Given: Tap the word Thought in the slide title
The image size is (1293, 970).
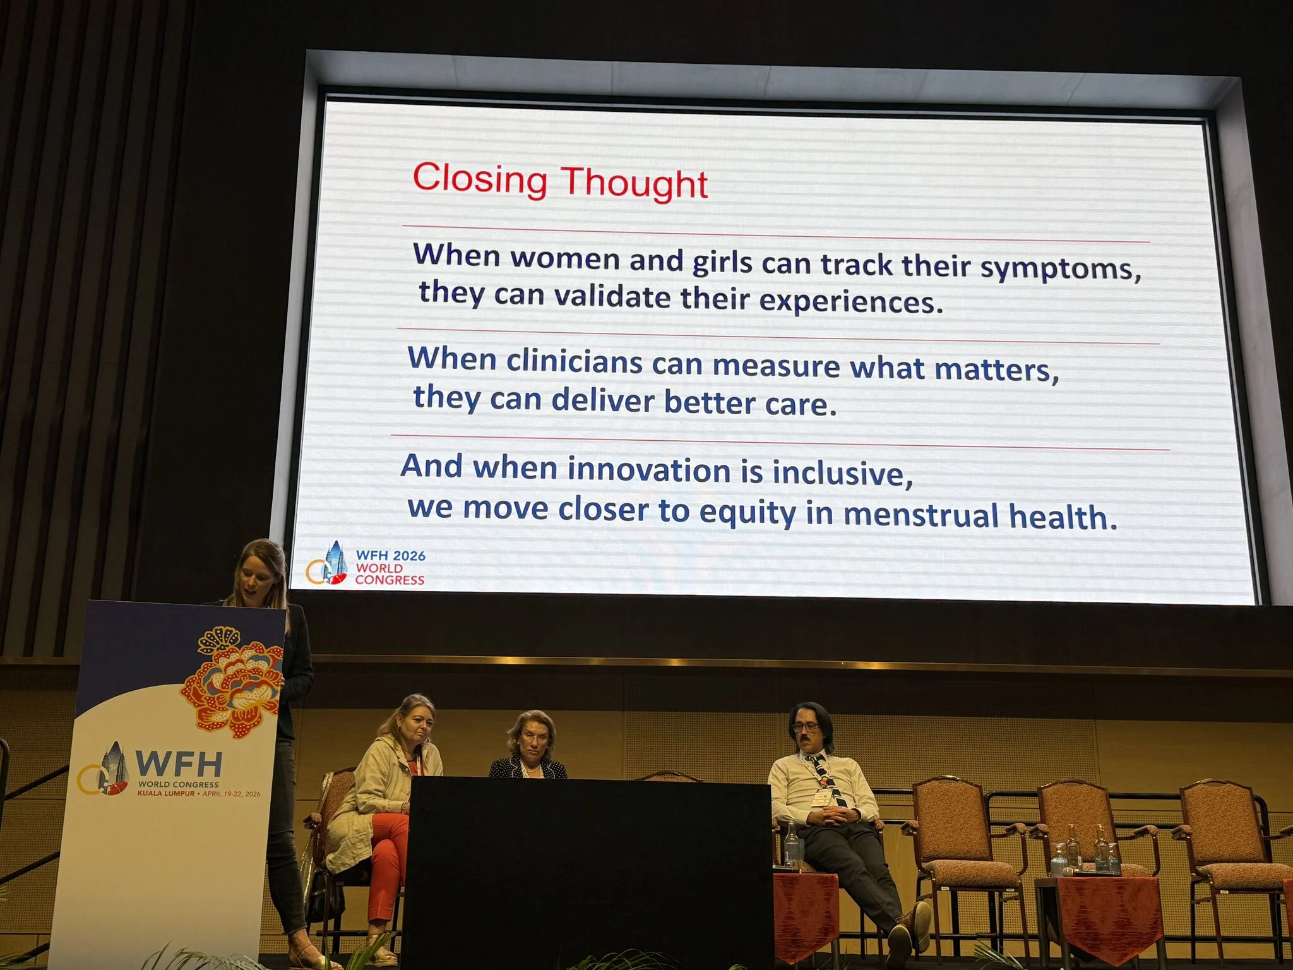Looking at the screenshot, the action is coord(635,183).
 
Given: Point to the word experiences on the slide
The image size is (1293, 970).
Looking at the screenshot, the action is coord(850,301).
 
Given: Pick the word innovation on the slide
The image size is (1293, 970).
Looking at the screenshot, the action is coord(649,470).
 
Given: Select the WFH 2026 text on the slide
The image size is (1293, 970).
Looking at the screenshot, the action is coord(391,556).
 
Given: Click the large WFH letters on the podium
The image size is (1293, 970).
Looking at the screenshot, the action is coord(179,764).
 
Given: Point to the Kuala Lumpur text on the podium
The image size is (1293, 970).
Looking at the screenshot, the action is coord(166,793).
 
